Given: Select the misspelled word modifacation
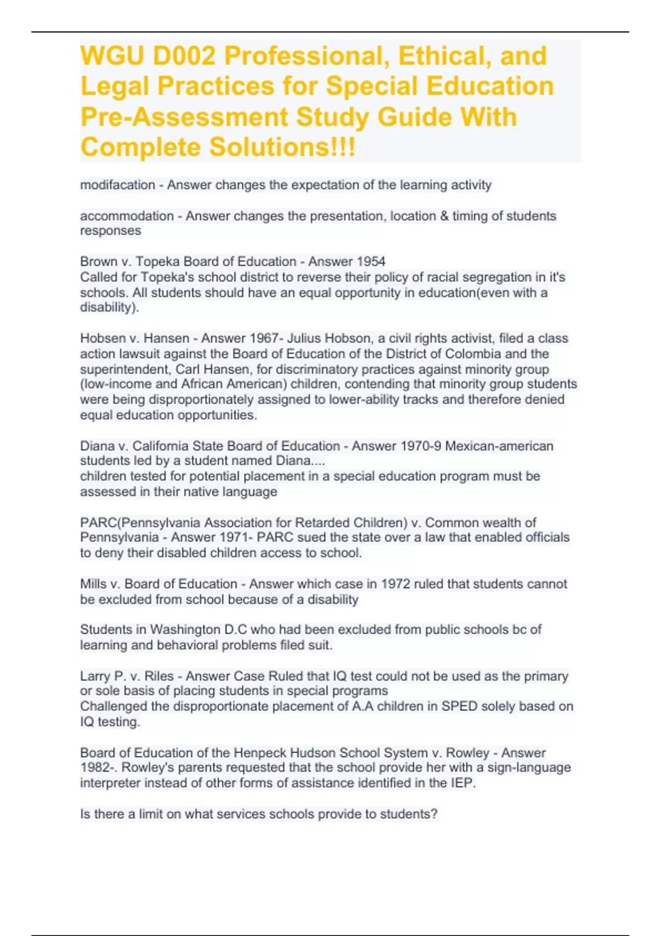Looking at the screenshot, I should point(117,185).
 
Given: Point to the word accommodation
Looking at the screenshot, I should point(127,216).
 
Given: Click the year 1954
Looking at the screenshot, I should point(370,262).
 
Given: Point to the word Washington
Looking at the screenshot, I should point(185,629).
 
